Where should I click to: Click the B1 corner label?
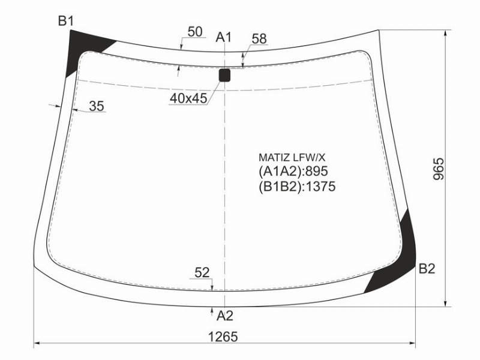point(66,21)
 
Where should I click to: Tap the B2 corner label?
point(427,268)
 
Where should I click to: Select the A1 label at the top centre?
point(224,37)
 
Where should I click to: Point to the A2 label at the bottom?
point(225,316)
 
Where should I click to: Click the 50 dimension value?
point(195,32)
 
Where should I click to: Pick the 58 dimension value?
point(259,39)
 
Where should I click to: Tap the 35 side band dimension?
point(97,106)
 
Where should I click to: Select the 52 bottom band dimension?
point(202,272)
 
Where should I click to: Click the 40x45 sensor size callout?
point(188,98)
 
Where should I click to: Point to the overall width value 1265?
point(223,337)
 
